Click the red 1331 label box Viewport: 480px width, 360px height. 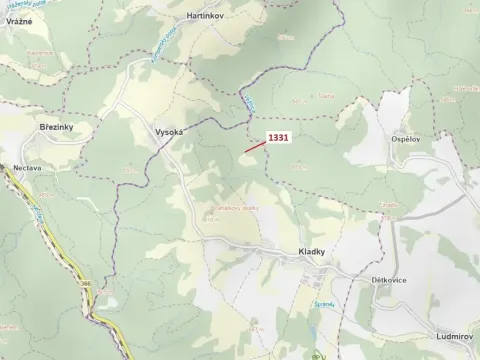280,138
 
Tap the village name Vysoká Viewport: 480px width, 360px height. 168,132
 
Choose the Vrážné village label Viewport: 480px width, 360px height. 18,21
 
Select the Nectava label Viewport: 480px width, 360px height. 27,168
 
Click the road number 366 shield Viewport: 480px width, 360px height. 86,284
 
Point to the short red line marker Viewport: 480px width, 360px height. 255,146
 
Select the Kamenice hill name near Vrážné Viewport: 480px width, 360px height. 40,52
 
